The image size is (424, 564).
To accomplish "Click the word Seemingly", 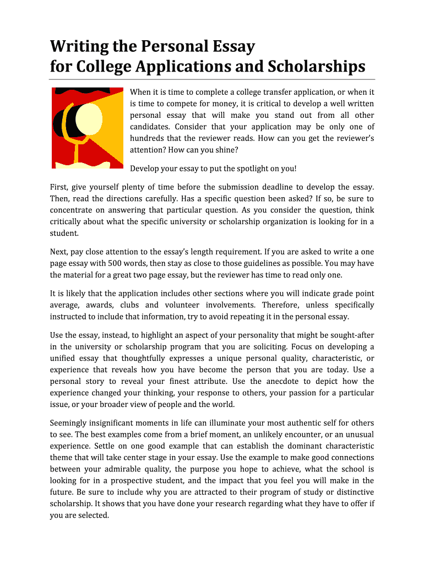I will pyautogui.click(x=70, y=422).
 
